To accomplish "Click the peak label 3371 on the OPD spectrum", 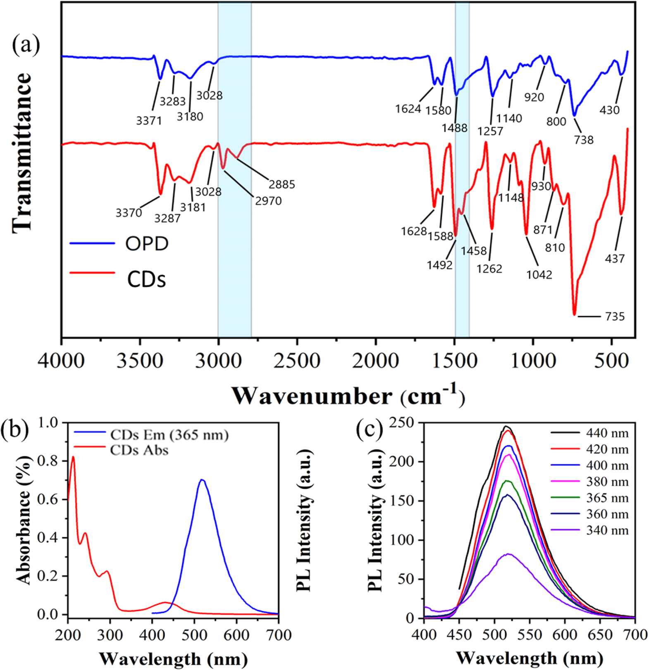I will click(149, 121).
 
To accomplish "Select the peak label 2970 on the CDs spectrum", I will click(268, 201).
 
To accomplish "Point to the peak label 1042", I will click(539, 274).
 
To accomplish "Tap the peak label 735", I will click(615, 317).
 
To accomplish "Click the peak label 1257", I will click(490, 131).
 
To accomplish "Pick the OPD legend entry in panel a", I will click(147, 244).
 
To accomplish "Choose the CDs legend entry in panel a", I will click(146, 279).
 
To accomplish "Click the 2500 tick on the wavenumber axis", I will click(297, 361).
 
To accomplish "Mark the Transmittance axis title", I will click(21, 153).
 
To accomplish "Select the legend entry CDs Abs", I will click(139, 450).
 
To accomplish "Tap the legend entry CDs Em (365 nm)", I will click(169, 435).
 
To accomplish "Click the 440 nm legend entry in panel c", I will click(607, 433).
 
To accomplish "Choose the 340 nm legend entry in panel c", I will click(607, 530).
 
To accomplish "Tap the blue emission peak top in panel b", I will click(202, 480).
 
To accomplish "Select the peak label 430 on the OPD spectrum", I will click(609, 110).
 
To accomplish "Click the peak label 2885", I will click(282, 184).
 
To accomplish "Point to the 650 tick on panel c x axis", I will click(600, 634).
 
